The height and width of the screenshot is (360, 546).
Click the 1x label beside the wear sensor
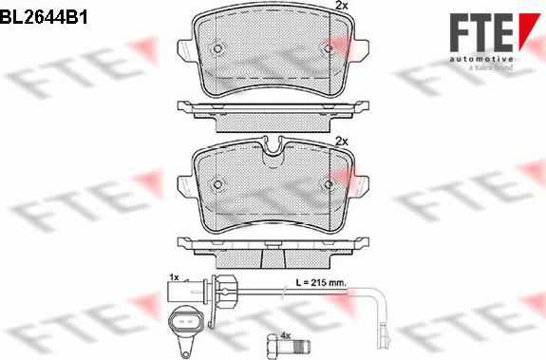[x=174, y=276]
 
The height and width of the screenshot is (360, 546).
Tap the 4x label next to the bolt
[x=284, y=335]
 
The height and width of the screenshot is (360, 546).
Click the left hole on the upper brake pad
[x=217, y=50]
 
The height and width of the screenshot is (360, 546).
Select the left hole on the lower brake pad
[x=217, y=184]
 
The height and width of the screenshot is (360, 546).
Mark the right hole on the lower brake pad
[x=329, y=184]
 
